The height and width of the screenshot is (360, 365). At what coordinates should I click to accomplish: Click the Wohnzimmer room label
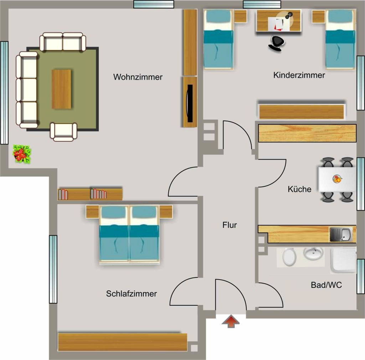click(x=138, y=77)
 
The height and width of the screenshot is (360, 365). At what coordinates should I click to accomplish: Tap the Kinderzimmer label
click(x=299, y=75)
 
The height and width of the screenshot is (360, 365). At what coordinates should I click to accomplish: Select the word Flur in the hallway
click(x=230, y=225)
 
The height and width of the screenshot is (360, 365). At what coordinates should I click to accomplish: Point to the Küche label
click(x=299, y=189)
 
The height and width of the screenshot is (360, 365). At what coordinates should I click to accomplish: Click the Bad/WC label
click(x=327, y=285)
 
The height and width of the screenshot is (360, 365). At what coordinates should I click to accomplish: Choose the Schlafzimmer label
click(x=131, y=294)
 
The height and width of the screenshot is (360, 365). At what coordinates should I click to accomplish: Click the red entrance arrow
click(x=231, y=321)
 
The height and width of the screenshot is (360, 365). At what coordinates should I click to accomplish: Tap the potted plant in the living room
click(x=22, y=154)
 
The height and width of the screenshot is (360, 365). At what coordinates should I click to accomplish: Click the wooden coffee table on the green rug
click(x=61, y=89)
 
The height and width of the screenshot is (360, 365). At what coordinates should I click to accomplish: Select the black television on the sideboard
click(x=190, y=103)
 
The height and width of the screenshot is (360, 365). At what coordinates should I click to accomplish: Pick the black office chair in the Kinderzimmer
click(x=277, y=43)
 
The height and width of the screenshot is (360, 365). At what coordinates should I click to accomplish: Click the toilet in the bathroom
click(x=289, y=257)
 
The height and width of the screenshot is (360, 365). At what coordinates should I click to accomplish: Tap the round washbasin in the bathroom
click(x=313, y=254)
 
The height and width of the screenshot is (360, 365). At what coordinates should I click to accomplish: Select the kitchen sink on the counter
click(x=340, y=235)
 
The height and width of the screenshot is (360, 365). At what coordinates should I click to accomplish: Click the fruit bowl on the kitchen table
click(x=337, y=179)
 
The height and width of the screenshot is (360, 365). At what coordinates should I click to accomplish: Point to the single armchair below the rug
click(x=63, y=132)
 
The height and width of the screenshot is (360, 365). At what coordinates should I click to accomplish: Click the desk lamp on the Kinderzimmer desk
click(x=289, y=15)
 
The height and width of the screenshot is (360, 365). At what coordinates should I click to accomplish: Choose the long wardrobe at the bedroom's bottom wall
click(x=123, y=342)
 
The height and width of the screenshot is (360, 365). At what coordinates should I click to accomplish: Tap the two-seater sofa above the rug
click(x=63, y=42)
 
